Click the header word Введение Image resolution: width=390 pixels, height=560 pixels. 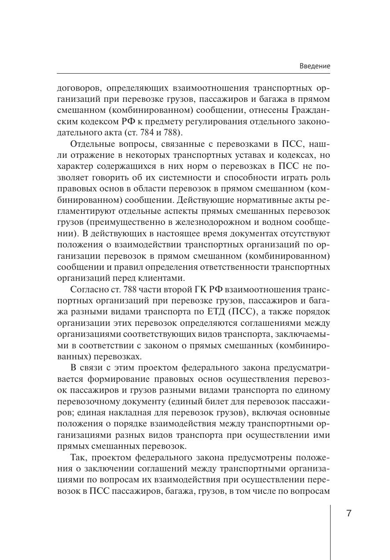(x=315, y=66)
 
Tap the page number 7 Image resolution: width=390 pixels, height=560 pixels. (x=349, y=513)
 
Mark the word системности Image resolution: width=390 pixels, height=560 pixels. (x=191, y=178)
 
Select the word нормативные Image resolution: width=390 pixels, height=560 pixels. (x=252, y=200)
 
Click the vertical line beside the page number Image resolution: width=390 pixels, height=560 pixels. (x=330, y=529)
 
